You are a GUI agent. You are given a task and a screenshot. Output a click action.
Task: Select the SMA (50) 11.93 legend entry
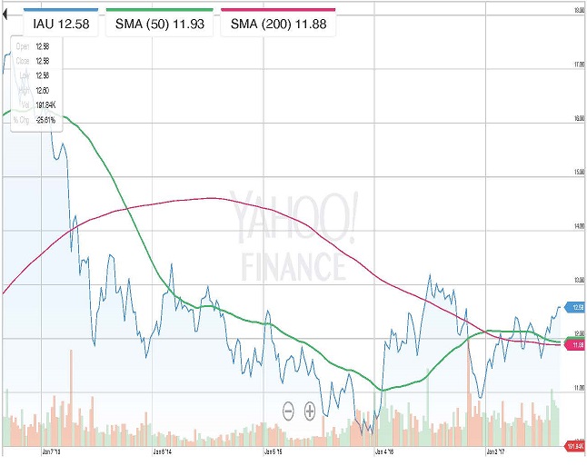tap(160, 23)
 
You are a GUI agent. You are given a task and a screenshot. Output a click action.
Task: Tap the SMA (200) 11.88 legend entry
tap(279, 23)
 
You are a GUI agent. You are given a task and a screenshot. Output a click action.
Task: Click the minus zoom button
tap(288, 411)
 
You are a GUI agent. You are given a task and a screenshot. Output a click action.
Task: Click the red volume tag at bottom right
tap(574, 446)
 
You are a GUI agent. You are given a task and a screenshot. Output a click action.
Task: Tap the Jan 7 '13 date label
tap(52, 450)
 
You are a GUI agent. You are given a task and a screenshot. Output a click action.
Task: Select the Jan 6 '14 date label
tap(164, 450)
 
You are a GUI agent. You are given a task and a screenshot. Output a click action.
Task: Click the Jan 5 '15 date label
tap(274, 450)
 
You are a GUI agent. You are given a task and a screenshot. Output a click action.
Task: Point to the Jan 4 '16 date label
tap(385, 450)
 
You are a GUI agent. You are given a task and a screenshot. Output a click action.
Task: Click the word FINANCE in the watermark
tap(293, 264)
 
